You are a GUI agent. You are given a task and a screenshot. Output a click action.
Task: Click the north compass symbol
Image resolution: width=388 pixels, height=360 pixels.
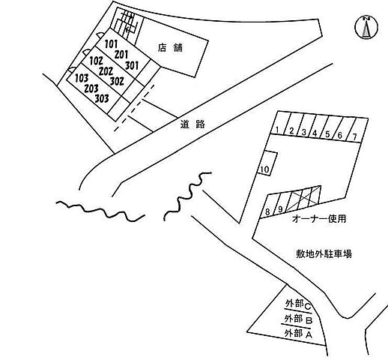click(x=366, y=27)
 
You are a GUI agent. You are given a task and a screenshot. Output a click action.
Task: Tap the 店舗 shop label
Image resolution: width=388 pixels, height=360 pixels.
click(x=172, y=47)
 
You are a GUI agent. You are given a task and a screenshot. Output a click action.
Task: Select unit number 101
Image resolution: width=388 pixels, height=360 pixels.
click(x=112, y=44)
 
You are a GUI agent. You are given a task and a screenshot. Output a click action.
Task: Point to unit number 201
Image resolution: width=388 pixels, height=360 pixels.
click(x=123, y=54)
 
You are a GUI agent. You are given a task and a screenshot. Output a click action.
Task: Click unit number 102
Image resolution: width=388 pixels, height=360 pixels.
click(x=96, y=60)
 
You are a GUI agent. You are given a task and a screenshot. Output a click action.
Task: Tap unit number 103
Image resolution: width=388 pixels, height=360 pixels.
click(x=82, y=77)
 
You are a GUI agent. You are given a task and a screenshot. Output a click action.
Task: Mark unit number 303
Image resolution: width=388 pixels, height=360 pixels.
click(x=101, y=97)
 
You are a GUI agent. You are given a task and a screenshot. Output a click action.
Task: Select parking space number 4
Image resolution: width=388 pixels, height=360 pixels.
click(x=315, y=133)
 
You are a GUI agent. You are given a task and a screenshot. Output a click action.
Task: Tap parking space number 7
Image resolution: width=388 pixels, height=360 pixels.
click(x=354, y=136)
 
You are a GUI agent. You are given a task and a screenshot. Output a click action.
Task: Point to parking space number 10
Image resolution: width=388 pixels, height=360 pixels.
click(x=264, y=169)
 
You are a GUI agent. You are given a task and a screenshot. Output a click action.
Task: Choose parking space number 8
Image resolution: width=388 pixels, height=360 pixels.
click(x=267, y=211)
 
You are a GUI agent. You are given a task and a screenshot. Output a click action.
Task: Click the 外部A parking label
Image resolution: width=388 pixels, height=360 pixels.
click(x=297, y=331)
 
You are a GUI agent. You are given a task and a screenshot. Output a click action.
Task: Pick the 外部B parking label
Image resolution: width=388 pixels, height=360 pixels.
click(x=297, y=318)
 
